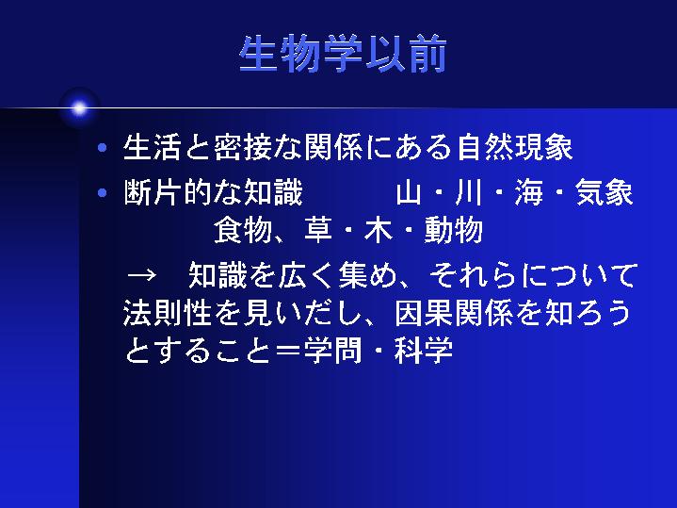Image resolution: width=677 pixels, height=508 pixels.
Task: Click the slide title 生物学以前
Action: point(343,54)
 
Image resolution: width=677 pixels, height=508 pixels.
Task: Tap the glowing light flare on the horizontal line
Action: point(79,108)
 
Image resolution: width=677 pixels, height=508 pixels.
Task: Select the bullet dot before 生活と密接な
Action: point(103,148)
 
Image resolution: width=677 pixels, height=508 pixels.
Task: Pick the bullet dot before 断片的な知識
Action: point(103,192)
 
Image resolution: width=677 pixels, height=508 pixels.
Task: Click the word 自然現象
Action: point(515,147)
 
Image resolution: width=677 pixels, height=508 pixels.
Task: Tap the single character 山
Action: point(408,192)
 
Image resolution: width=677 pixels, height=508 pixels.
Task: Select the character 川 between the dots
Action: point(468,192)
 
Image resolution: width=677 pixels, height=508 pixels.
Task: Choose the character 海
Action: point(529,192)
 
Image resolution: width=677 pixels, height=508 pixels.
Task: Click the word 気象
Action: point(604,192)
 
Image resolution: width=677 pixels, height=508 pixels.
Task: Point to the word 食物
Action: point(244,230)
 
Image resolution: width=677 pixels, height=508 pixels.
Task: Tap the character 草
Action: point(318,230)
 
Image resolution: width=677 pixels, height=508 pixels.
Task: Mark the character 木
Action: point(379,230)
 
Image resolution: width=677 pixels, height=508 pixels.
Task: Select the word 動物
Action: point(453,230)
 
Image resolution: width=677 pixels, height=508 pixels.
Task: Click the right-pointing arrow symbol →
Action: point(141,275)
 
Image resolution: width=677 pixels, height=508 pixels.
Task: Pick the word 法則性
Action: point(168,312)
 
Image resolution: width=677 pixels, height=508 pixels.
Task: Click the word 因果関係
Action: point(454,312)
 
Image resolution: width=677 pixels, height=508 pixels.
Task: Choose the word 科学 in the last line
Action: point(424,350)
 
